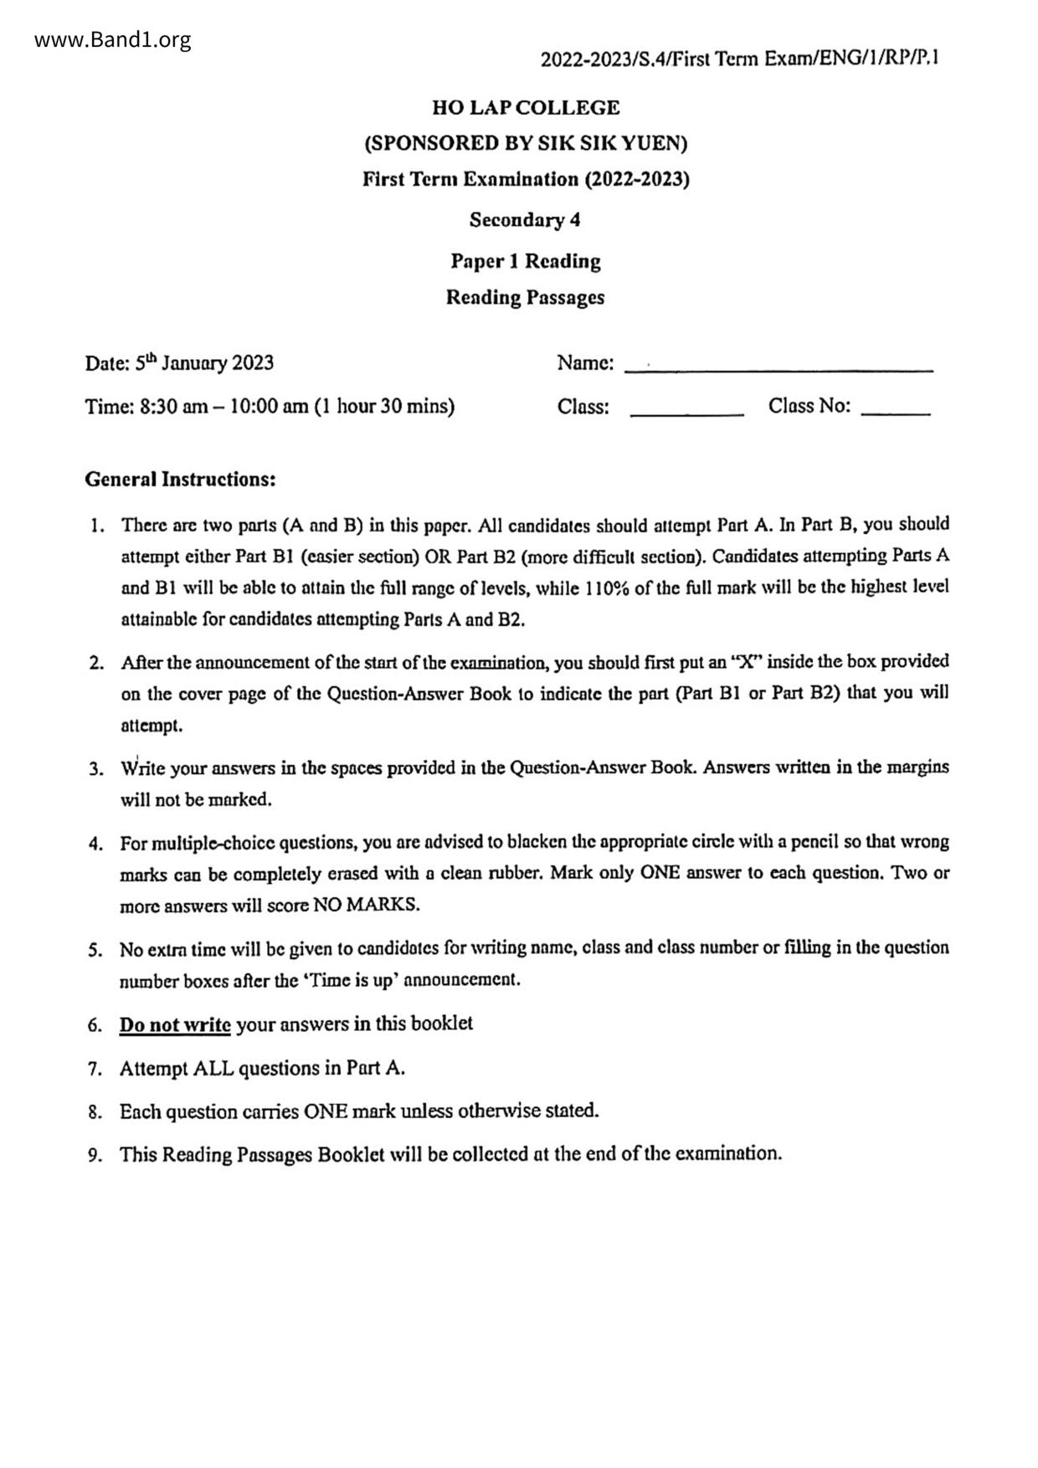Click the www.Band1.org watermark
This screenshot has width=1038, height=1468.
pos(113,39)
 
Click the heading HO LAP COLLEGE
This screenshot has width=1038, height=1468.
pos(526,108)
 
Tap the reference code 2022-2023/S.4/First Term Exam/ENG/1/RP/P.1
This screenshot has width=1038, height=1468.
pos(739,59)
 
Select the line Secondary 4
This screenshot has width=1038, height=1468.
pos(525,220)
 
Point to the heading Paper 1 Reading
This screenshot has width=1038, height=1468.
pos(526,261)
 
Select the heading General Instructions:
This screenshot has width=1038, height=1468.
pos(180,480)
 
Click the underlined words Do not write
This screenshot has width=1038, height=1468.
pos(175,1024)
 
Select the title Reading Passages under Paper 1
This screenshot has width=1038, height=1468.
pos(525,298)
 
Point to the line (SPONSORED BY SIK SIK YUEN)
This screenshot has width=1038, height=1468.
pos(526,144)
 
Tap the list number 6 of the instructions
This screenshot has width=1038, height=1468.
pos(95,1025)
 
